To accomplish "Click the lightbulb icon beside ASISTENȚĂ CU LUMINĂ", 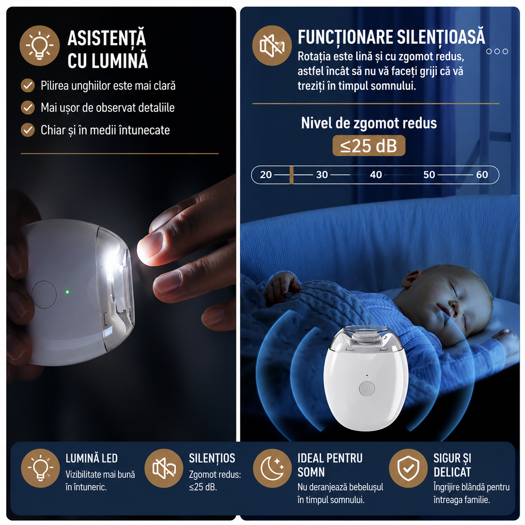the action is pyautogui.click(x=39, y=46).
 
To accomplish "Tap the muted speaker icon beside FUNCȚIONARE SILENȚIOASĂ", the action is pyautogui.click(x=272, y=46).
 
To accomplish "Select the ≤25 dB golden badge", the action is pyautogui.click(x=368, y=146).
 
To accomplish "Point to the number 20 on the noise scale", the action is pyautogui.click(x=265, y=175).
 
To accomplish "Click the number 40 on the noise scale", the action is pyautogui.click(x=376, y=175).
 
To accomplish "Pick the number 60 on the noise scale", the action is pyautogui.click(x=482, y=175).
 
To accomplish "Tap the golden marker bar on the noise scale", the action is pyautogui.click(x=291, y=175).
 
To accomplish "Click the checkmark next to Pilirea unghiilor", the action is pyautogui.click(x=28, y=85).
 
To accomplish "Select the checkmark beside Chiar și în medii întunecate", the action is pyautogui.click(x=28, y=130).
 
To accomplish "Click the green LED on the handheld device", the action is pyautogui.click(x=67, y=292).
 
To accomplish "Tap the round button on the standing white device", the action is pyautogui.click(x=367, y=389).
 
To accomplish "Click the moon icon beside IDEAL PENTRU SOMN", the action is pyautogui.click(x=272, y=468).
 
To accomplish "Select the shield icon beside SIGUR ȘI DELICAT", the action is pyautogui.click(x=408, y=468).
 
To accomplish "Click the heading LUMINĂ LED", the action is pyautogui.click(x=92, y=458).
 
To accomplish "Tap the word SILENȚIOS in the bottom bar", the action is pyautogui.click(x=212, y=459).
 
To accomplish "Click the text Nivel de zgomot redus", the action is pyautogui.click(x=369, y=123).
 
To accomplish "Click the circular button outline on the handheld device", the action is pyautogui.click(x=44, y=294).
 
